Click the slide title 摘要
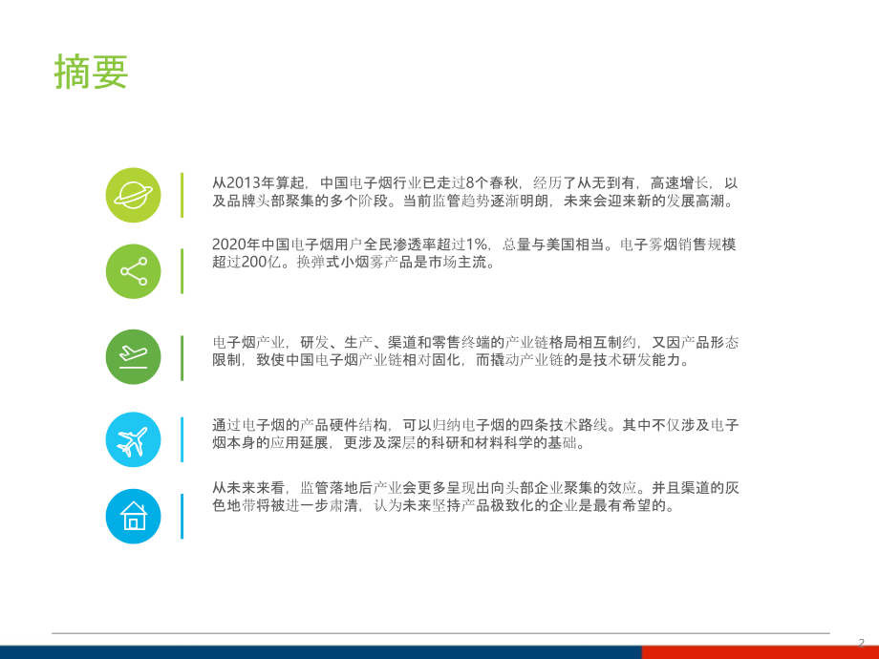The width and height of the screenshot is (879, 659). coord(92,73)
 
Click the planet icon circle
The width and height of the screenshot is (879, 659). coord(133,195)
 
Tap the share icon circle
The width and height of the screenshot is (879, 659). coord(133,271)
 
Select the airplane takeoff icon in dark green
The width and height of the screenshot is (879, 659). coord(133,356)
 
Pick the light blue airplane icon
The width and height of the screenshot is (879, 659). coord(133,439)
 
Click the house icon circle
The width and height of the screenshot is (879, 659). coord(133,516)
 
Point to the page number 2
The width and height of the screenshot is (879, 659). coord(861,642)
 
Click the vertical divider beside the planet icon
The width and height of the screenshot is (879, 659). coord(182,194)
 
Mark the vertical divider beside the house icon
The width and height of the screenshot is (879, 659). coord(182,516)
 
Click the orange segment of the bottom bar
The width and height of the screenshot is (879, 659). coord(760,652)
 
